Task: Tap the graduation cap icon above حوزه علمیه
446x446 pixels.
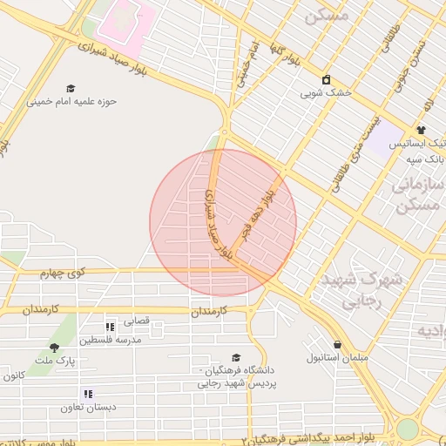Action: pos(71,88)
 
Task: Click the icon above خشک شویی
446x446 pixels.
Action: pos(326,79)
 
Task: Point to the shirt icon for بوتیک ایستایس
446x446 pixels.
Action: pos(420,130)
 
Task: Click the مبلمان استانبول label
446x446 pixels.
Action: pos(337,357)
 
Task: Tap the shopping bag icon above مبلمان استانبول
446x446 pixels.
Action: pos(337,344)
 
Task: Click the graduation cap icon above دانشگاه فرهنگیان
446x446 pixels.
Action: pos(235,357)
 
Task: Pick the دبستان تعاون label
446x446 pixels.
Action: pos(87,407)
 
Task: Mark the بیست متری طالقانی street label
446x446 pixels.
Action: pos(352,144)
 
